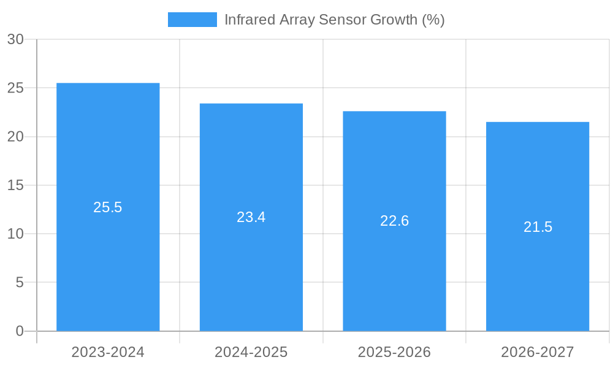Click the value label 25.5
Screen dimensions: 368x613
(108, 207)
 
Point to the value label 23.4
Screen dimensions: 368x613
(251, 217)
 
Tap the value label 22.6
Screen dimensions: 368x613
(394, 221)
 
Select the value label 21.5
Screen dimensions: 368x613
(538, 227)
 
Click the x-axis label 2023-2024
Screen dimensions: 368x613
(108, 352)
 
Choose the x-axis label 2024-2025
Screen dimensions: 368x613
(251, 352)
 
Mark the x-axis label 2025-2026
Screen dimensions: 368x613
(394, 352)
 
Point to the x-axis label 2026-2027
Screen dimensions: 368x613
(538, 352)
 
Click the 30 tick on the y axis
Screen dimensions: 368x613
(15, 39)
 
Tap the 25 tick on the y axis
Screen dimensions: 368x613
(15, 88)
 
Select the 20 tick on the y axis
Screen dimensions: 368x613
(15, 137)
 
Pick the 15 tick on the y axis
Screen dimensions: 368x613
(15, 185)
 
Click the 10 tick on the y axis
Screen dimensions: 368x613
(15, 234)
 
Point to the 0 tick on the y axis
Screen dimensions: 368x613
(19, 331)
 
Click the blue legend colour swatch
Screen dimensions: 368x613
(192, 20)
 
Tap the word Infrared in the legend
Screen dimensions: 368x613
(249, 20)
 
